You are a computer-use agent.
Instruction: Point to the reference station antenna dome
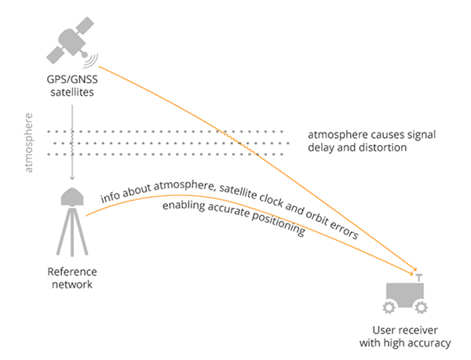(71, 195)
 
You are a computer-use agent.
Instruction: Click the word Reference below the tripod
(71, 271)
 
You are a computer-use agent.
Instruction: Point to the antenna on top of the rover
(417, 276)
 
